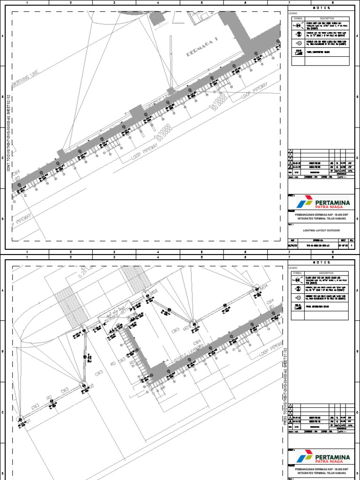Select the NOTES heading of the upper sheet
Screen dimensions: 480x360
(321, 8)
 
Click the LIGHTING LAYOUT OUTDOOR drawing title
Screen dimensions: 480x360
(321, 231)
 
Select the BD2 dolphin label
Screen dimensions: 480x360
(155, 292)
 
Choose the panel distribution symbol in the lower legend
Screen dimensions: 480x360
(297, 308)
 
